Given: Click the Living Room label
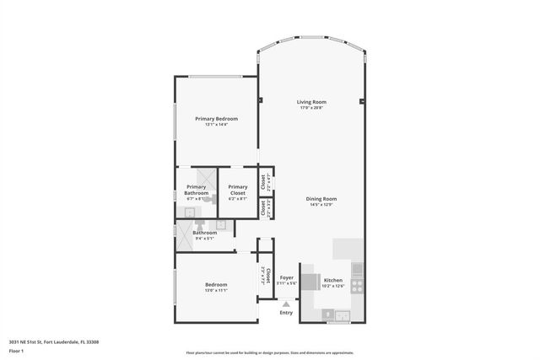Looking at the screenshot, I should (x=312, y=102).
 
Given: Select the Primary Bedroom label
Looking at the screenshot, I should (x=216, y=119).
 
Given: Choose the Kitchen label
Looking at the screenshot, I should (x=333, y=279).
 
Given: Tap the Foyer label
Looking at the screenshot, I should (x=287, y=277).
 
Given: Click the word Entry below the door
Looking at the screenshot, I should (x=287, y=313).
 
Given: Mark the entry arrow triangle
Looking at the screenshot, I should (x=287, y=304).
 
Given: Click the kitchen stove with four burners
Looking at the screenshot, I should (x=357, y=287).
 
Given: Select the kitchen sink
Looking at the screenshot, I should (x=342, y=317).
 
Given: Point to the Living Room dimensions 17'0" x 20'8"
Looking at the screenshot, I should (x=312, y=108).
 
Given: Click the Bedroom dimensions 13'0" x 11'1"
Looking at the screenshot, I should (x=216, y=291).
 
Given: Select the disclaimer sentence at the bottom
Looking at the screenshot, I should (x=270, y=352).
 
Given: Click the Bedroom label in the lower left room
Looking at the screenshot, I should (x=216, y=285).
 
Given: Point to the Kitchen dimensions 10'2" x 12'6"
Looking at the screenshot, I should (x=333, y=285).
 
